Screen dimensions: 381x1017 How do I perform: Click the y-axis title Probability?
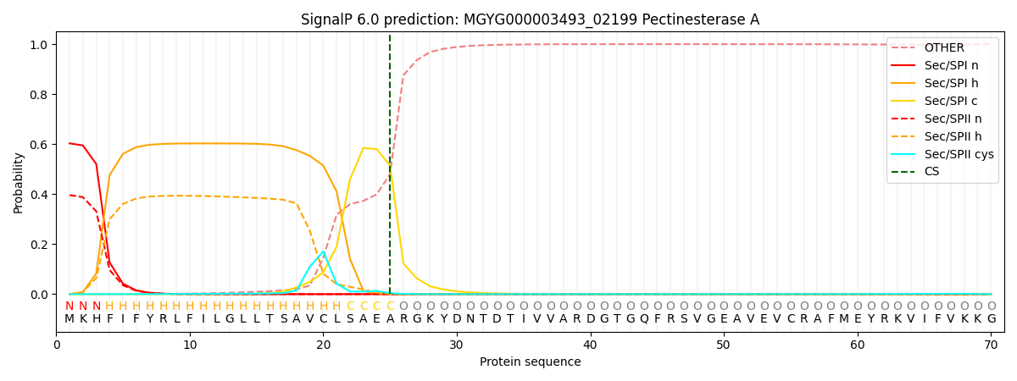[x=19, y=182]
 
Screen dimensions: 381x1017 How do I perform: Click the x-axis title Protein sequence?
[x=530, y=362]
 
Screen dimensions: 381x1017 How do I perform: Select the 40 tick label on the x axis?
[x=590, y=345]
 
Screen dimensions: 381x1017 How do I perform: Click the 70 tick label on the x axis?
[x=991, y=345]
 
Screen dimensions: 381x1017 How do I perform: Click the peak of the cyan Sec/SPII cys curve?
[x=323, y=251]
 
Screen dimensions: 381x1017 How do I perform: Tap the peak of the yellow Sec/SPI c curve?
[x=364, y=148]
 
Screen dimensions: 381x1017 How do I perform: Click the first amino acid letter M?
[x=69, y=319]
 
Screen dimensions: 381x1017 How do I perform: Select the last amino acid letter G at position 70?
[x=991, y=319]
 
